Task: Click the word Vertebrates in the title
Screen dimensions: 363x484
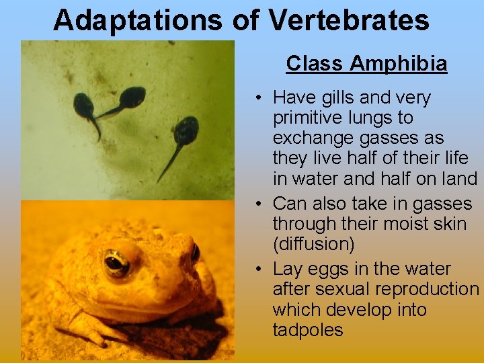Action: coord(349,20)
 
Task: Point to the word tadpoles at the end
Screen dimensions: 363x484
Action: coord(308,330)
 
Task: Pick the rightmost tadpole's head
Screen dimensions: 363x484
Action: coord(186,128)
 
